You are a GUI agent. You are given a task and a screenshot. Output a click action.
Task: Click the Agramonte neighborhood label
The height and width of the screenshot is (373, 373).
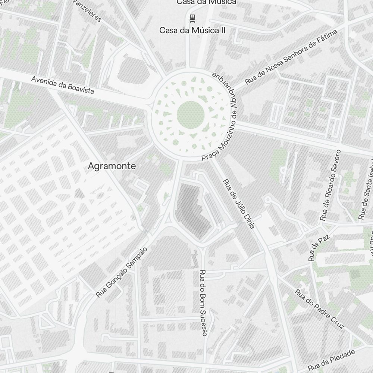point(112,166)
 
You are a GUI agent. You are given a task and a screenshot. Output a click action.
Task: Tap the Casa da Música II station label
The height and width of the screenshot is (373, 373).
point(192,30)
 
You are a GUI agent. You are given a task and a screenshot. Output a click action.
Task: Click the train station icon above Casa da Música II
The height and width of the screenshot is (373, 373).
point(192,18)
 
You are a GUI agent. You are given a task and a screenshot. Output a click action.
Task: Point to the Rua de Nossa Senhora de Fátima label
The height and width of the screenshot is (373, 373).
point(291,57)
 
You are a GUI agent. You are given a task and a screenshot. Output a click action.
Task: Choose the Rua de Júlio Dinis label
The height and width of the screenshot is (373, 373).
point(239,204)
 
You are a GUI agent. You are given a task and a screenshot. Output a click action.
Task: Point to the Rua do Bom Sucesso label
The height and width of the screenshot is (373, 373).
point(203,303)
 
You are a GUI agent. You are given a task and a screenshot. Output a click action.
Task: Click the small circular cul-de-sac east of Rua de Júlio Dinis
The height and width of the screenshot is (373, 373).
point(267,200)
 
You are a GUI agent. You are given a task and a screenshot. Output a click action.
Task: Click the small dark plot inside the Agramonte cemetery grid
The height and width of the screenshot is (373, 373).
point(79,193)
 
